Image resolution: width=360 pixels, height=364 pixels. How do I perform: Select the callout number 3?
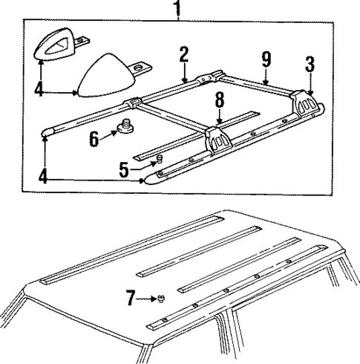(310, 65)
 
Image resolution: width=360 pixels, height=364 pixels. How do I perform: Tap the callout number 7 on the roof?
(131, 299)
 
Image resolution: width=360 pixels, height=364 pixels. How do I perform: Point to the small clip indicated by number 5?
(157, 163)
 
